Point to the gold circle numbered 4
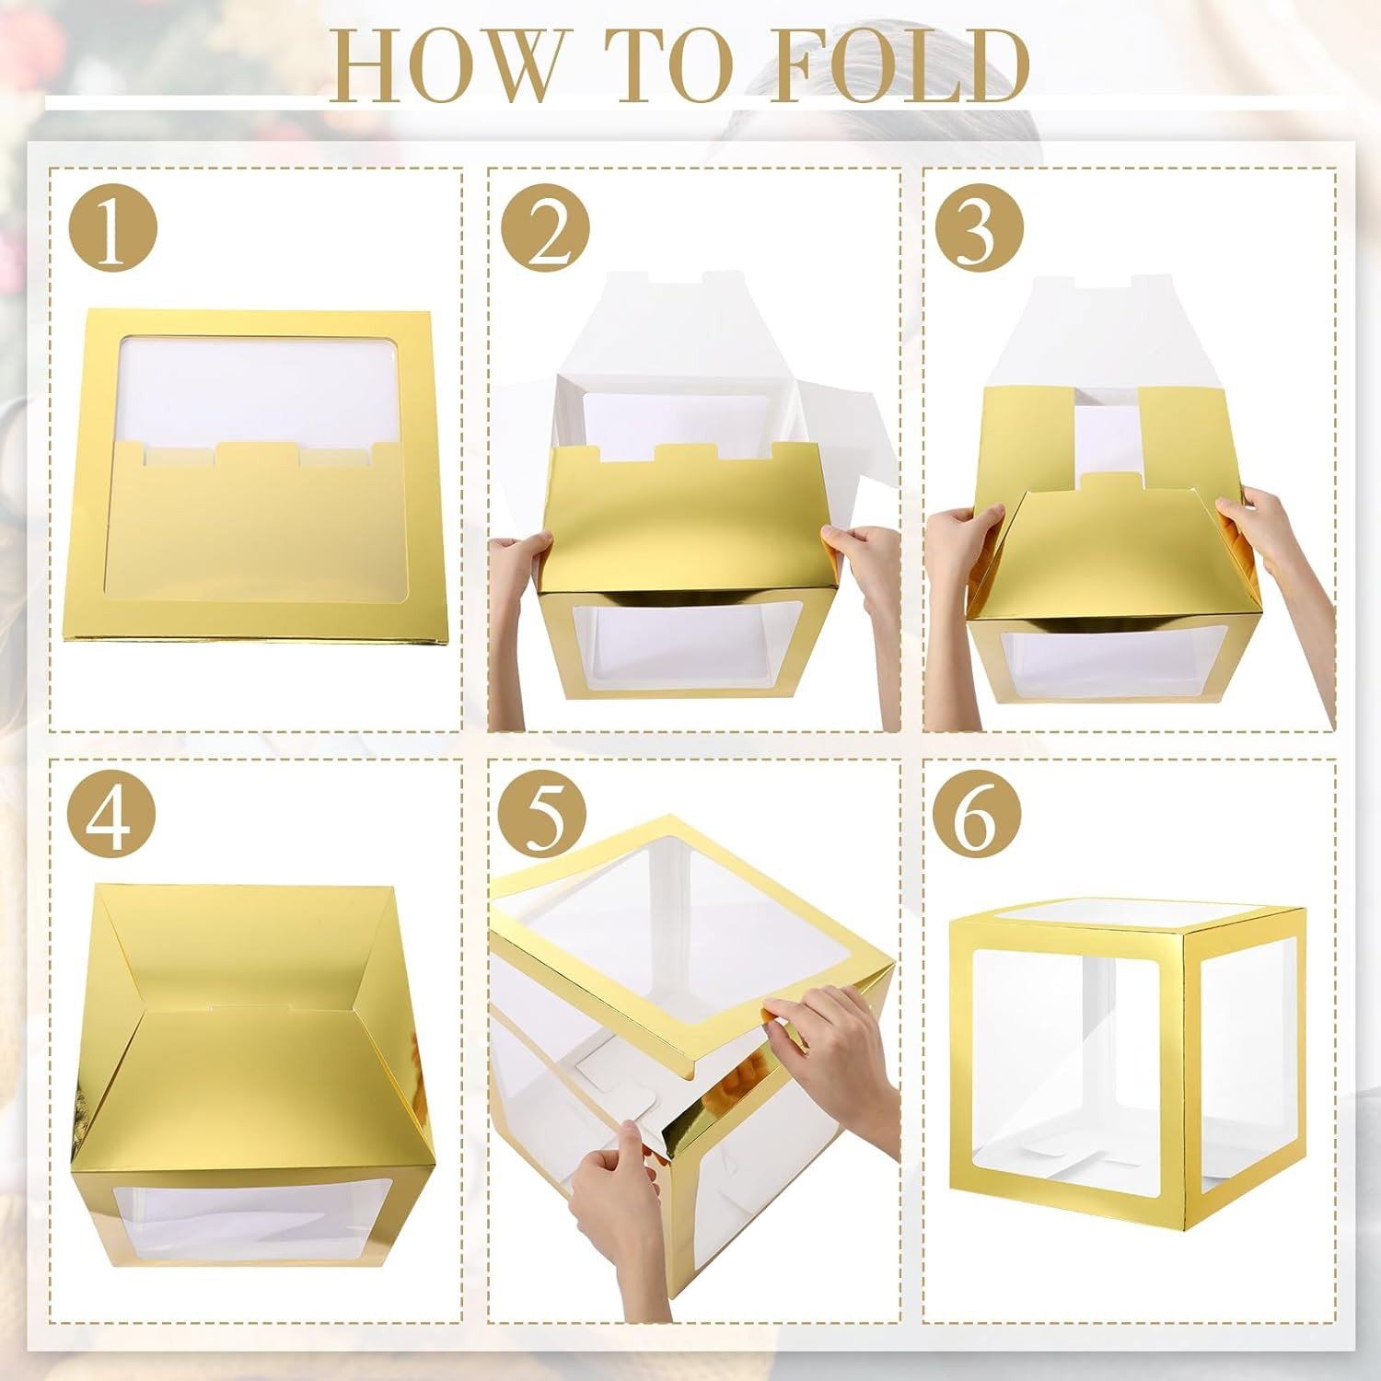[112, 818]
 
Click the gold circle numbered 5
[545, 818]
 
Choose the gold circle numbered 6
[978, 818]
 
